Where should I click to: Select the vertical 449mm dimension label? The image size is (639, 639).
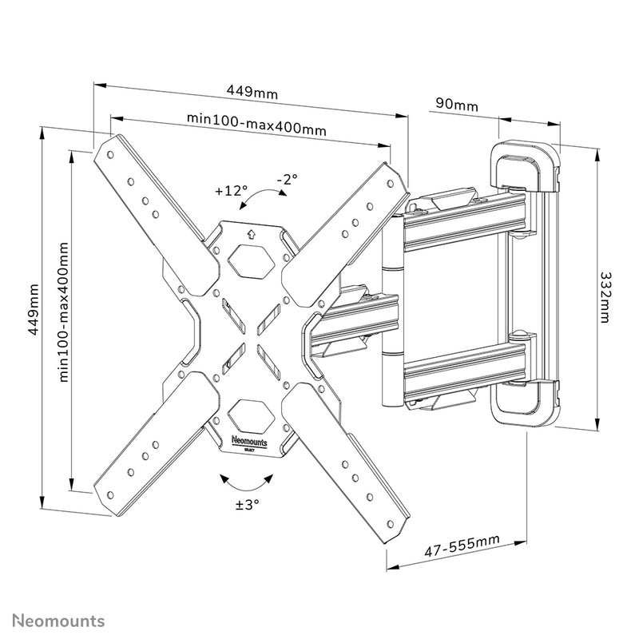click(x=33, y=309)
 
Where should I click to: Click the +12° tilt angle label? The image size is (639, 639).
click(x=231, y=192)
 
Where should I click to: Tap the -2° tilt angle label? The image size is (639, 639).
click(x=287, y=179)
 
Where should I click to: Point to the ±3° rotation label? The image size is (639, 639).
click(x=247, y=504)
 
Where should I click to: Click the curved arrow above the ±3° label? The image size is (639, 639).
click(x=246, y=481)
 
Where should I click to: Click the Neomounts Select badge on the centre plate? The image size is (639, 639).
click(x=251, y=441)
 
